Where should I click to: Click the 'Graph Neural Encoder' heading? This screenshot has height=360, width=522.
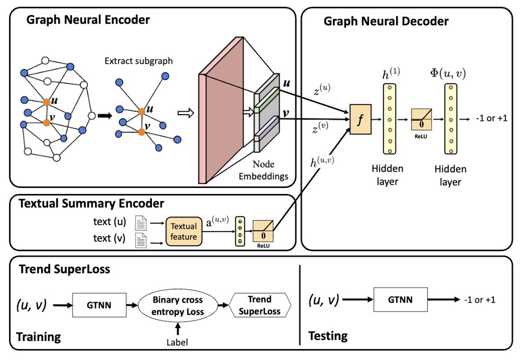click(88, 20)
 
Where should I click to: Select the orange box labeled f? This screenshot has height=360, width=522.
click(360, 119)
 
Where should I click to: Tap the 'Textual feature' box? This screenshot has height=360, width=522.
click(184, 231)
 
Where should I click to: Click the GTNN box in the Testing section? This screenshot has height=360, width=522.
click(400, 300)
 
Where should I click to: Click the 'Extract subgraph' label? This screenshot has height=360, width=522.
click(139, 61)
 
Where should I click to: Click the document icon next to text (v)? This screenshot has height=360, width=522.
click(140, 240)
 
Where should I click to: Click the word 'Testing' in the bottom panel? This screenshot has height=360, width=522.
click(328, 336)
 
